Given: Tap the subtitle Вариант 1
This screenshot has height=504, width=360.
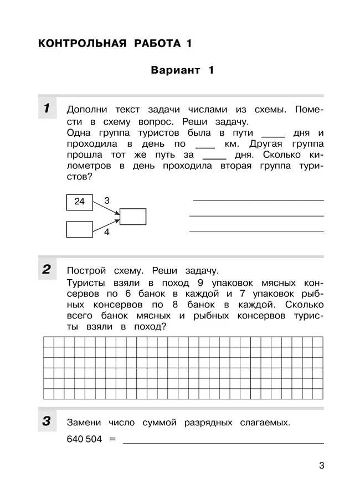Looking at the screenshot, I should click(182, 70).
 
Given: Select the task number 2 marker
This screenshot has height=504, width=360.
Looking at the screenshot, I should click(48, 270).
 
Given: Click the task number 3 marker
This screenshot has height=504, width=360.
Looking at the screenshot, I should click(48, 421).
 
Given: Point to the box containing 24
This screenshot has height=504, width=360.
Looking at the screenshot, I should click(80, 202).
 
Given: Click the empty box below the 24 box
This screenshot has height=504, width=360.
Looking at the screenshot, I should click(80, 229).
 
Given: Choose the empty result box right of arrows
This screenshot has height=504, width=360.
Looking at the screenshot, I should click(133, 217).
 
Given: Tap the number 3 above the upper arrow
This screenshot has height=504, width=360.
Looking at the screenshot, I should click(107, 200).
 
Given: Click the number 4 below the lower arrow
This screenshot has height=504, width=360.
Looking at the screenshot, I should click(107, 233).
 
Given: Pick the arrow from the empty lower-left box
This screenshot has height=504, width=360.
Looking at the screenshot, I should click(106, 224).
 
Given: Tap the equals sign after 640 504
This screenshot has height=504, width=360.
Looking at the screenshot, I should click(112, 439).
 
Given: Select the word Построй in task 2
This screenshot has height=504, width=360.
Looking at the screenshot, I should click(86, 271).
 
